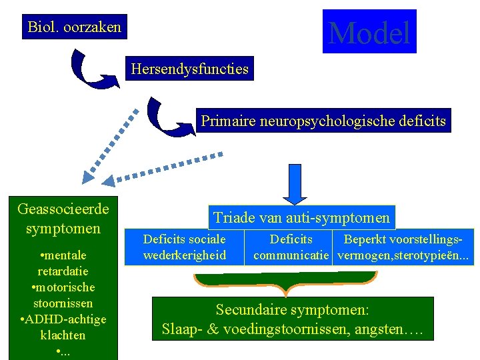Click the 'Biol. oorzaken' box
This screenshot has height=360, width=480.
tap(75, 27)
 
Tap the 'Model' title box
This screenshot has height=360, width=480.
tap(369, 32)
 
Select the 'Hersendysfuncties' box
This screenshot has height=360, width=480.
tap(190, 68)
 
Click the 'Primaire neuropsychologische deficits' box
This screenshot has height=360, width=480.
tap(323, 121)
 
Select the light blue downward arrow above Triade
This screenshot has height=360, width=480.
tap(295, 183)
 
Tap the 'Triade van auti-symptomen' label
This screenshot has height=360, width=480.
tap(301, 217)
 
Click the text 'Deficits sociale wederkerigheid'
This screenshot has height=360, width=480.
tap(185, 247)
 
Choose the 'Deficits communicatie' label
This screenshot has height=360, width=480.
tap(291, 247)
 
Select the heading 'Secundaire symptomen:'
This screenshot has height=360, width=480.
tap(293, 310)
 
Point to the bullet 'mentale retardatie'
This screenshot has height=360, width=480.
tap(63, 263)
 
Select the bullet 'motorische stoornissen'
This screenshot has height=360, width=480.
tap(63, 295)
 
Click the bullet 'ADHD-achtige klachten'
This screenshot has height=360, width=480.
tap(63, 327)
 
